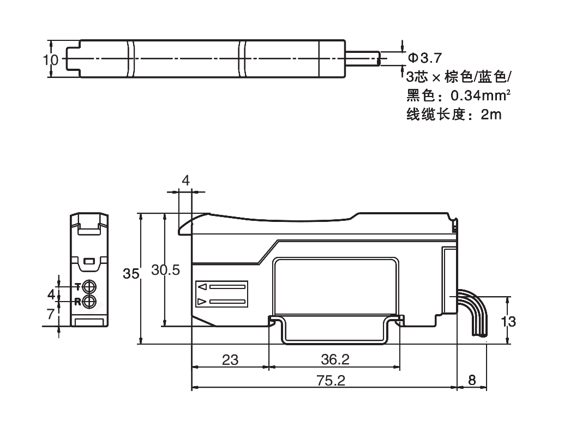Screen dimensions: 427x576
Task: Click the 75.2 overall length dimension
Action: point(331,381)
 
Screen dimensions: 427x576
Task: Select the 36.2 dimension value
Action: point(335,360)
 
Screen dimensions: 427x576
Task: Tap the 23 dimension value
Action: point(230,360)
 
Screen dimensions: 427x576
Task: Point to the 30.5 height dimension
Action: point(165,271)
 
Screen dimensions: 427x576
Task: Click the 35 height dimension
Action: point(131,274)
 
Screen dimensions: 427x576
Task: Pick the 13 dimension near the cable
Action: point(508,321)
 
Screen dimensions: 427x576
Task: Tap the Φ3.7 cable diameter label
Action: point(424,57)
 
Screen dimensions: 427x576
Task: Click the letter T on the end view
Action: point(77,286)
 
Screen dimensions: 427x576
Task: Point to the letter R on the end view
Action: point(77,301)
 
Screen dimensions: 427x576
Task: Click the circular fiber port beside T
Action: point(90,286)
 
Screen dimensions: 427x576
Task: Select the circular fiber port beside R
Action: point(90,301)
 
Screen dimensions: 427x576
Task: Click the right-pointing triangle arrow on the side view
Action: point(202,302)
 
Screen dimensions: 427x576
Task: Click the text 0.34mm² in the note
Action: point(481,95)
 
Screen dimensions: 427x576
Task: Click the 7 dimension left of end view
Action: point(51,314)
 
